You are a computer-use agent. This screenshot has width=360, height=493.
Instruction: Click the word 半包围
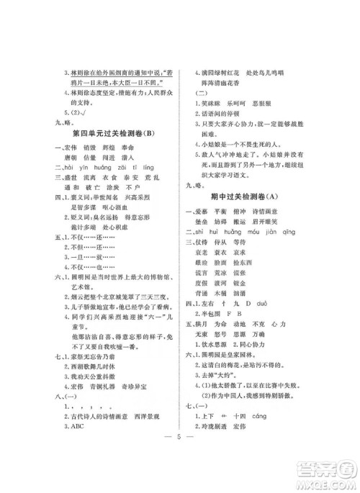click(217, 335)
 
